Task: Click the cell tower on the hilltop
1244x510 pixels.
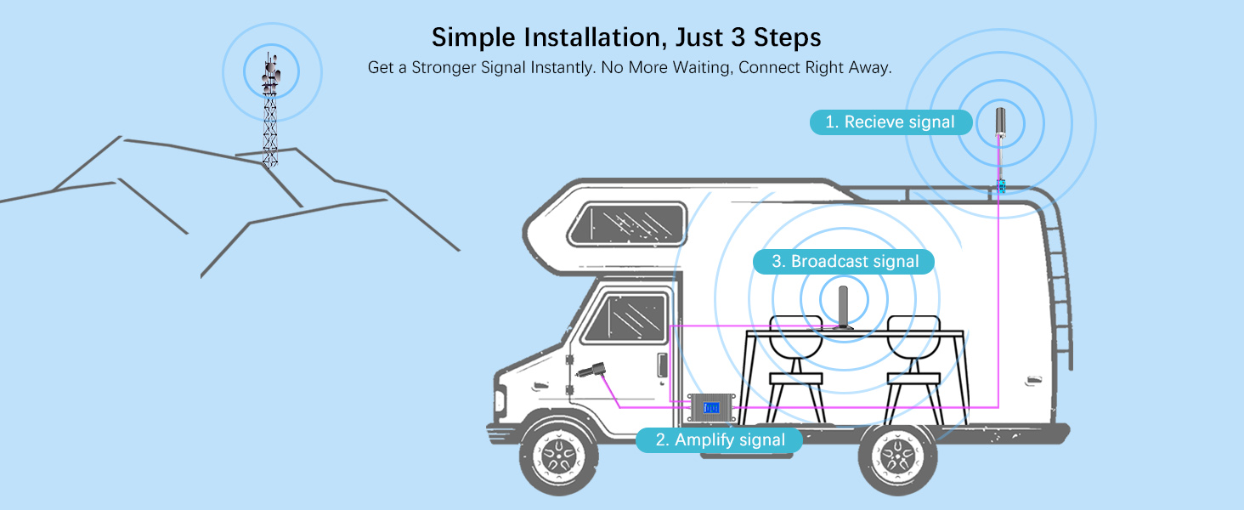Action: click(x=270, y=110)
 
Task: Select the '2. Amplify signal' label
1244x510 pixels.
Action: click(x=720, y=440)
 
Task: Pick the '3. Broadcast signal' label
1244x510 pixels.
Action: click(x=844, y=261)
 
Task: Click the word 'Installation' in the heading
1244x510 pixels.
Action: click(x=583, y=37)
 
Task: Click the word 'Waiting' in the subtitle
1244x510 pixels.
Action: click(x=694, y=67)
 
